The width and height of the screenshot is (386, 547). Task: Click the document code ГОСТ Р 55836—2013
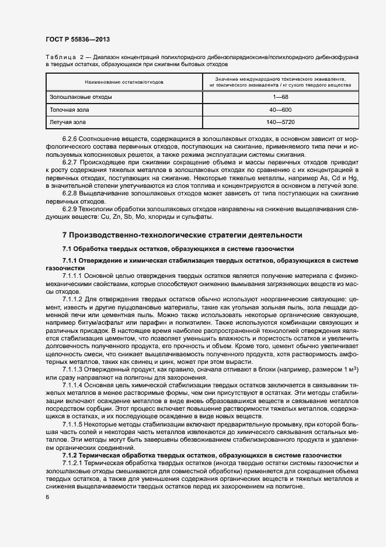click(x=77, y=38)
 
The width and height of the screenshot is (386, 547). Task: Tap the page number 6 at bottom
click(x=47, y=497)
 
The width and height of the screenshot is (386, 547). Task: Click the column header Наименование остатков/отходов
click(x=124, y=82)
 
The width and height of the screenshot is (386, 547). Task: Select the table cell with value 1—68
click(x=280, y=97)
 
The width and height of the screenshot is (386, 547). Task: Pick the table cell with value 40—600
click(x=280, y=109)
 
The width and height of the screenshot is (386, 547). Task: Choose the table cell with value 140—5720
click(x=280, y=122)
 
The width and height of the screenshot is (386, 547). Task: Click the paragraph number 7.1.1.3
click(x=74, y=370)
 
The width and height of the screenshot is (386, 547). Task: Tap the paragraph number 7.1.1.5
click(x=74, y=423)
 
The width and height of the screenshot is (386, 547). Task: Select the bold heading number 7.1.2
click(x=70, y=455)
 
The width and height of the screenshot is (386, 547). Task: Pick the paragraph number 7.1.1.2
click(x=74, y=298)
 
